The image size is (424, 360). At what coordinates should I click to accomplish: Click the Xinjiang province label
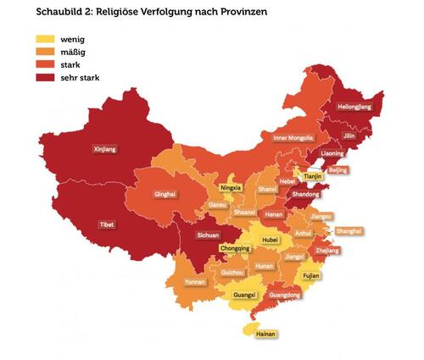pos(104,148)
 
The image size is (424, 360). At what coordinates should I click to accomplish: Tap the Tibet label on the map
pos(107,224)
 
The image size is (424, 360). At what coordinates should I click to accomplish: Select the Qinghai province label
pos(165,194)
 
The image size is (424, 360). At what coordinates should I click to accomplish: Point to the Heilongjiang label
pos(354,108)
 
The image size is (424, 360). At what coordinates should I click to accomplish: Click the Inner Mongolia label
pos(293,138)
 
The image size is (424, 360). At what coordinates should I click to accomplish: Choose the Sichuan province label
pos(208,235)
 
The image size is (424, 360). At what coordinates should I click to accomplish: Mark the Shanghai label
pos(349,230)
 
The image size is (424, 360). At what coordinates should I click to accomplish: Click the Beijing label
pos(338,169)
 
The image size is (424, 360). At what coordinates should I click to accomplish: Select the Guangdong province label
pos(286,295)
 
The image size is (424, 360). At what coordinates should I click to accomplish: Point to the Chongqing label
pos(235,249)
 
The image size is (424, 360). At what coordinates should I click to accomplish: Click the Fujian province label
pos(313,275)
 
